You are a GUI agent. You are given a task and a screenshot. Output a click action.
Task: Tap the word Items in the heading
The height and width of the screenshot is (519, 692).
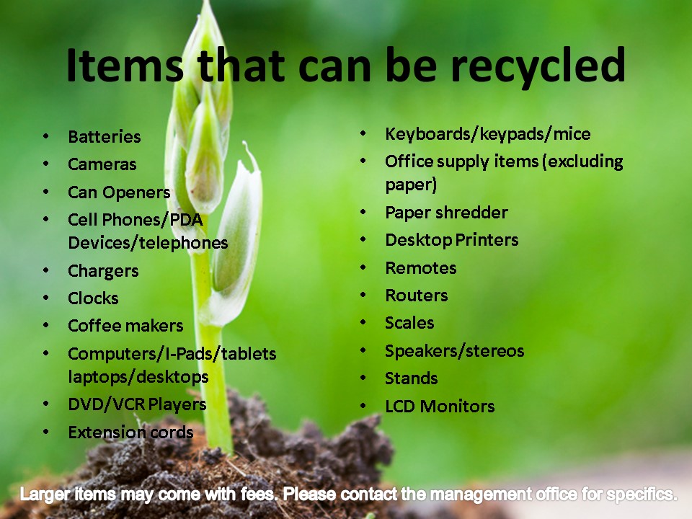pyautogui.click(x=125, y=66)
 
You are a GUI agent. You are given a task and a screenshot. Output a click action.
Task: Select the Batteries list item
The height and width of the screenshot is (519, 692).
pyautogui.click(x=104, y=137)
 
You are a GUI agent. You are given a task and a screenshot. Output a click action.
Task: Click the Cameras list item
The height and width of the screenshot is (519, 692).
pyautogui.click(x=102, y=164)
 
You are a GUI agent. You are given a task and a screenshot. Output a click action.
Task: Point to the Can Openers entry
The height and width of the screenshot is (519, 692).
pyautogui.click(x=119, y=193)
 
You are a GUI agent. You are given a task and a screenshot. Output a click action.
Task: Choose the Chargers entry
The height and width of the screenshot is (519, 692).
pyautogui.click(x=103, y=272)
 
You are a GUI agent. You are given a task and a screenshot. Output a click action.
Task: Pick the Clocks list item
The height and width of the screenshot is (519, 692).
pyautogui.click(x=93, y=298)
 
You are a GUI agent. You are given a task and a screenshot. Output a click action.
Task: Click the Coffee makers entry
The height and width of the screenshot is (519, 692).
pyautogui.click(x=125, y=326)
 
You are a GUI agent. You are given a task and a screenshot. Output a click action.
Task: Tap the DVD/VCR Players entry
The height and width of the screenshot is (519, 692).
pyautogui.click(x=137, y=404)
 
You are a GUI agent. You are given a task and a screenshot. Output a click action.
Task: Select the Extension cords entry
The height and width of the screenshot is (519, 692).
pyautogui.click(x=130, y=432)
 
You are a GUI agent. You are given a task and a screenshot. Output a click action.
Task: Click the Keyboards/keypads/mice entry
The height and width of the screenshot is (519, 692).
pyautogui.click(x=488, y=134)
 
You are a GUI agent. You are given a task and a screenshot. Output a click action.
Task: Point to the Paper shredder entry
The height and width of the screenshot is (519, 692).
pyautogui.click(x=447, y=213)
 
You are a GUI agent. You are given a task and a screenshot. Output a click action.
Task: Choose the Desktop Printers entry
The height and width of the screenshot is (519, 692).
pyautogui.click(x=451, y=240)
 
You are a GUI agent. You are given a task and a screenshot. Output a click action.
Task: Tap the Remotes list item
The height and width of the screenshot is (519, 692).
pyautogui.click(x=420, y=268)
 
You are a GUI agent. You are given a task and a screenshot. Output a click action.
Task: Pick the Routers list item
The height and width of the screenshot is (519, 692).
pyautogui.click(x=416, y=296)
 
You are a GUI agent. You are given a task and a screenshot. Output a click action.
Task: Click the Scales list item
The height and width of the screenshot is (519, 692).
pyautogui.click(x=409, y=323)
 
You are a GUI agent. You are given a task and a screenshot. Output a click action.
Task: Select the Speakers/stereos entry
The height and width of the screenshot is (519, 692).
pyautogui.click(x=455, y=351)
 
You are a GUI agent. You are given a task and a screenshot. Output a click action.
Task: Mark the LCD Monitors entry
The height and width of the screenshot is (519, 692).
pyautogui.click(x=440, y=407)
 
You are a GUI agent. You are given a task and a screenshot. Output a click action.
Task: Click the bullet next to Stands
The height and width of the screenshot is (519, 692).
pyautogui.click(x=363, y=378)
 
